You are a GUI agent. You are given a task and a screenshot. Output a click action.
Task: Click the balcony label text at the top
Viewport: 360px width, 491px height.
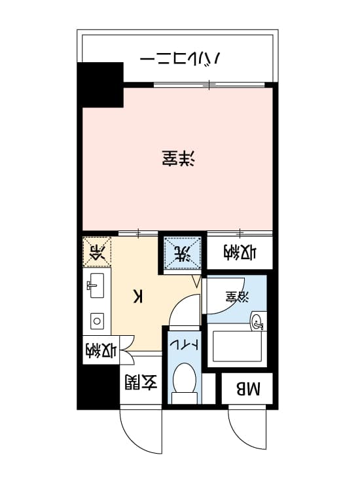pyautogui.click(x=180, y=58)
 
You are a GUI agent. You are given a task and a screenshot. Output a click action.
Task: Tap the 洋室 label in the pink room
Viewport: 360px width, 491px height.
pyautogui.click(x=179, y=158)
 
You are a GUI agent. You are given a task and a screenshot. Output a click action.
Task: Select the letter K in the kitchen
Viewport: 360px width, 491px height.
pyautogui.click(x=138, y=296)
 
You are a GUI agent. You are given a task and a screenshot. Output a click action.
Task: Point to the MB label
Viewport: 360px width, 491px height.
pyautogui.click(x=248, y=389)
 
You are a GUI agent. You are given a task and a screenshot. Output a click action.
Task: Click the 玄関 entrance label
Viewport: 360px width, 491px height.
pyautogui.click(x=141, y=382)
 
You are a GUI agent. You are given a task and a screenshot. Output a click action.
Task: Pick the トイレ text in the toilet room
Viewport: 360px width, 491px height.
pyautogui.click(x=184, y=345)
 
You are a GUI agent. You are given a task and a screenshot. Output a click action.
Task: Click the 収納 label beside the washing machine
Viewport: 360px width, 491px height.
pyautogui.click(x=240, y=253)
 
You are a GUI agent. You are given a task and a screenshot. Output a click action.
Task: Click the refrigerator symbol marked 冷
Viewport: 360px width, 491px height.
pyautogui.click(x=98, y=252)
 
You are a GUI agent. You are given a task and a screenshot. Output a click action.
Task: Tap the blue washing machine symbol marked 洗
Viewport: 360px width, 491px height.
pyautogui.click(x=183, y=252)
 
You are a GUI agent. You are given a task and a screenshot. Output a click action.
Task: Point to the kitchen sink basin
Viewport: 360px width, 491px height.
pyautogui.click(x=97, y=285)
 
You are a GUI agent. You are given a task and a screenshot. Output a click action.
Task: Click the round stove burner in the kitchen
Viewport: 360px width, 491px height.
pyautogui.click(x=97, y=321)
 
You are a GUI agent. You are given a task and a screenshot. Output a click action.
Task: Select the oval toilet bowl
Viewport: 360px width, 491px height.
pyautogui.click(x=185, y=378)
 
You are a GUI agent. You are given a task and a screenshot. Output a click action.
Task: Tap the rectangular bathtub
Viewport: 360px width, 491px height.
pyautogui.click(x=238, y=346)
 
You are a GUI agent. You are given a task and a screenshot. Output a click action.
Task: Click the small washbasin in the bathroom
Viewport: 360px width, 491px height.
pyautogui.click(x=258, y=321)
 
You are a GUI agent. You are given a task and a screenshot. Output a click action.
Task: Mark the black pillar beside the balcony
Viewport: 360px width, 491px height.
pyautogui.click(x=100, y=85)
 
